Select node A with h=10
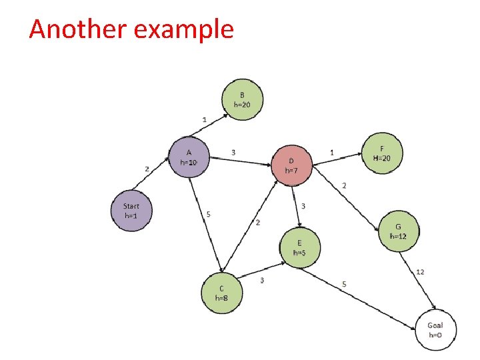point(189,157)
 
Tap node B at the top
point(242,100)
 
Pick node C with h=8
point(222,293)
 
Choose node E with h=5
point(299,247)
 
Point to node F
point(381,153)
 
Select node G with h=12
point(398,231)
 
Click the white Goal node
point(435,329)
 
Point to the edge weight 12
point(420,271)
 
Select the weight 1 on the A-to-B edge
point(204,119)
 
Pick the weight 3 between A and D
point(233,153)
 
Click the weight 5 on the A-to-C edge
point(209,214)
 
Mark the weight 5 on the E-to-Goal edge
point(344,284)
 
